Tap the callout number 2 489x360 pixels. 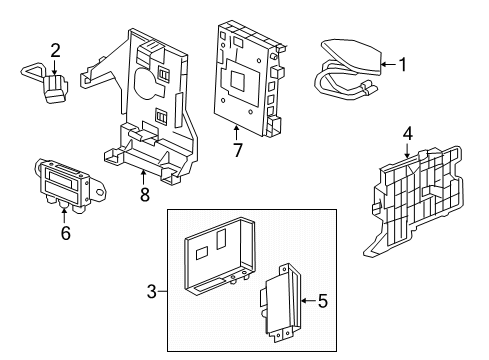point(56,49)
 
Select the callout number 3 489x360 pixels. point(152,291)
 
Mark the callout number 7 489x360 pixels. point(237,150)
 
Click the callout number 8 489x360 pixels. point(144,194)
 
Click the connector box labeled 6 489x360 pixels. point(67,186)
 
